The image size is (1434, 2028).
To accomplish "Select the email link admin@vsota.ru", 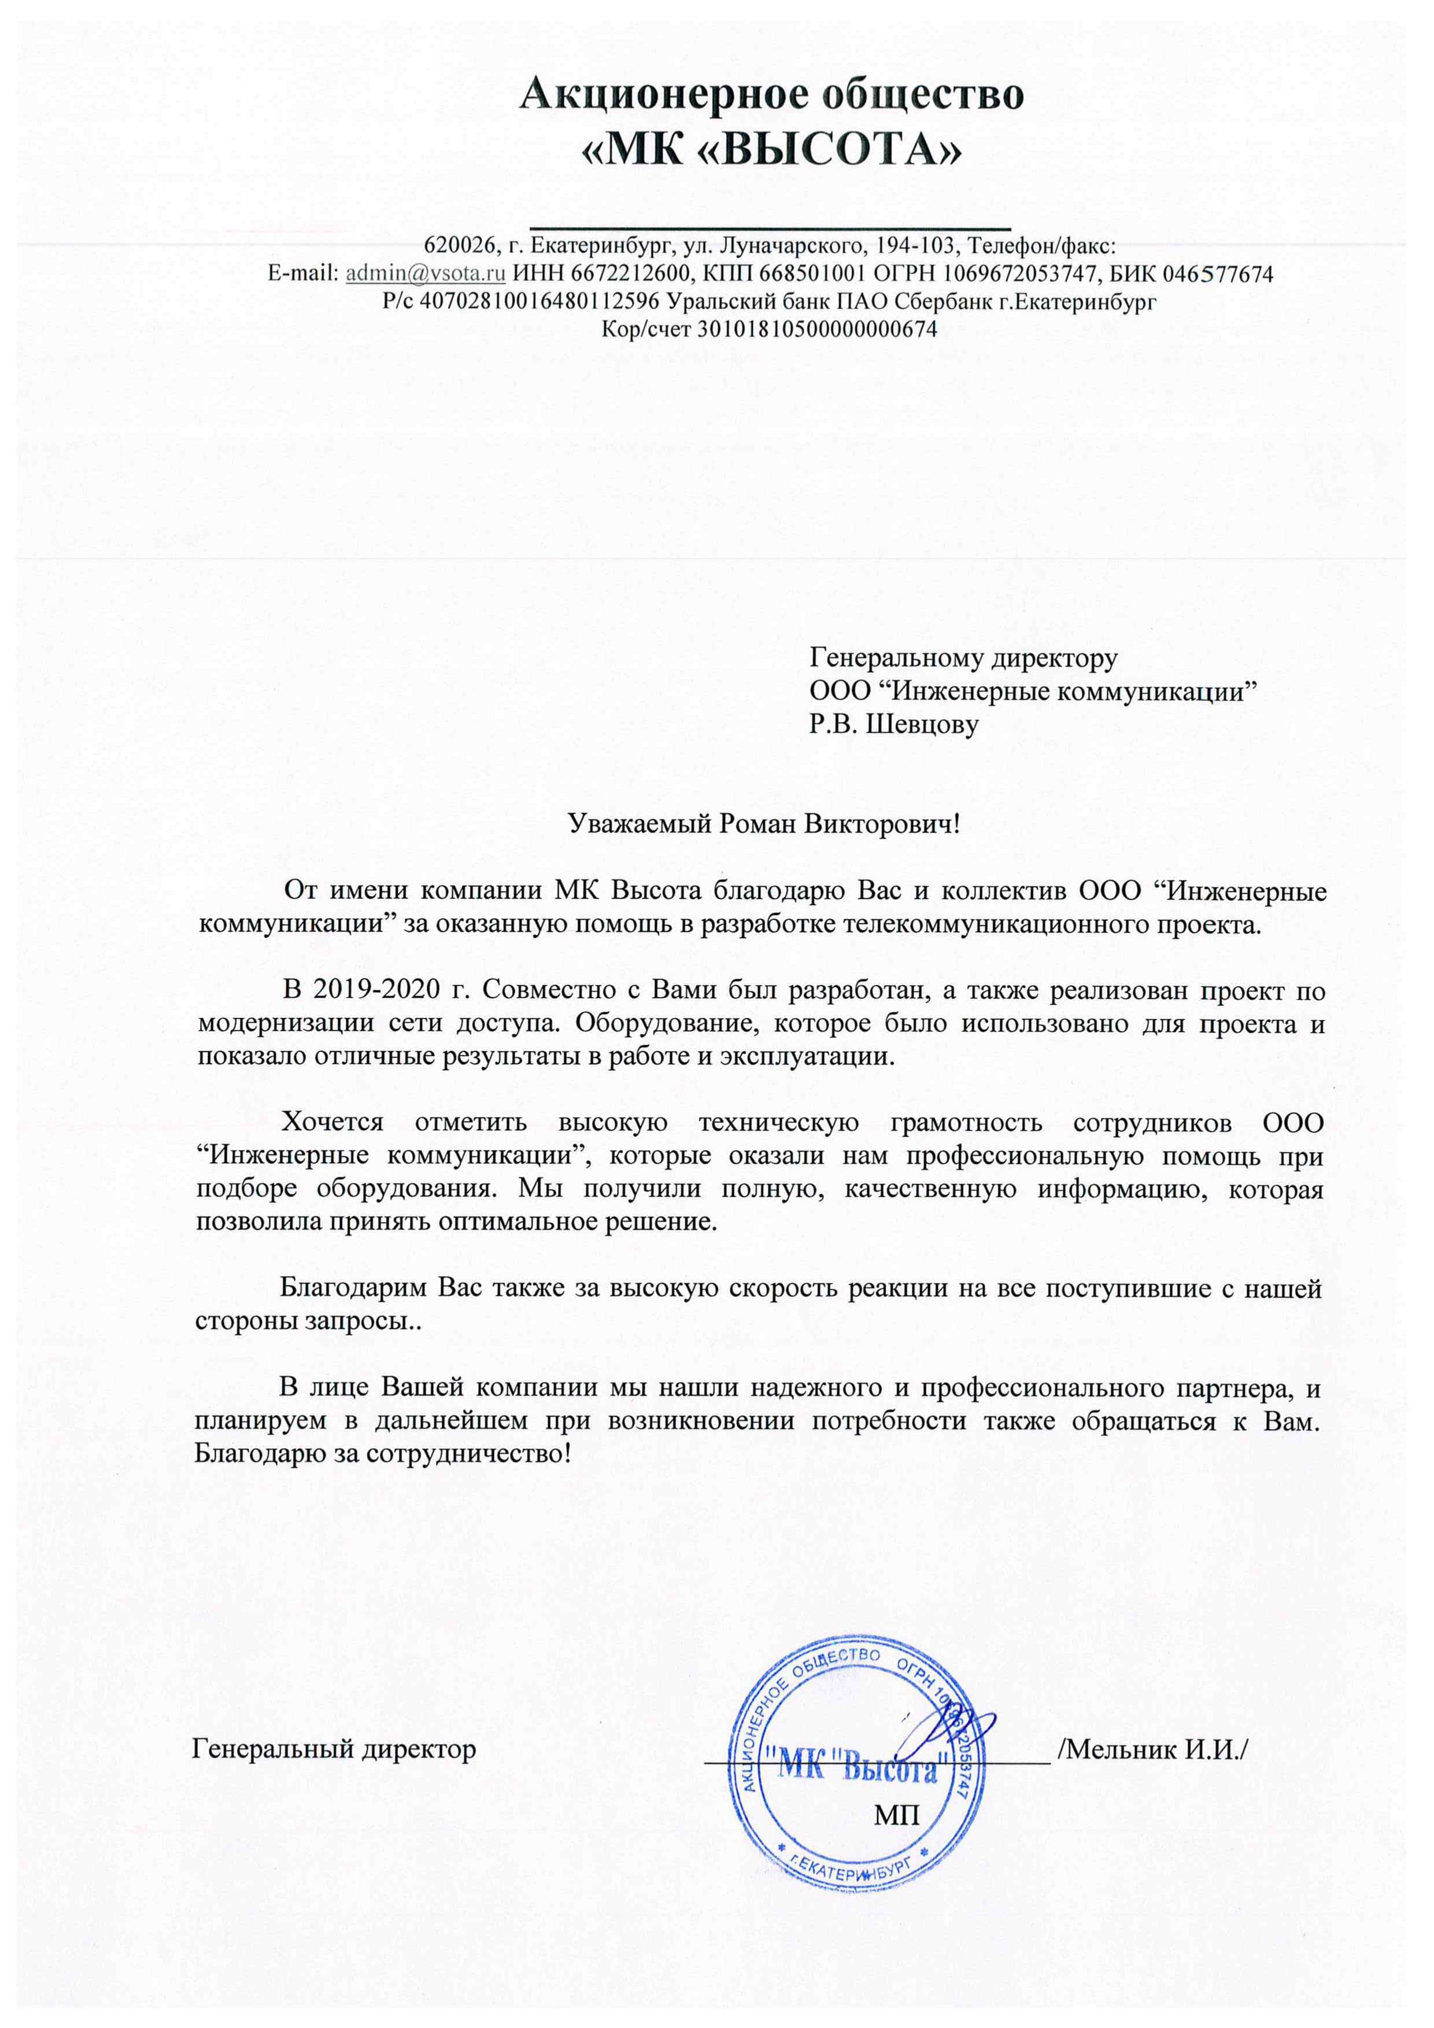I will click(425, 274).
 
